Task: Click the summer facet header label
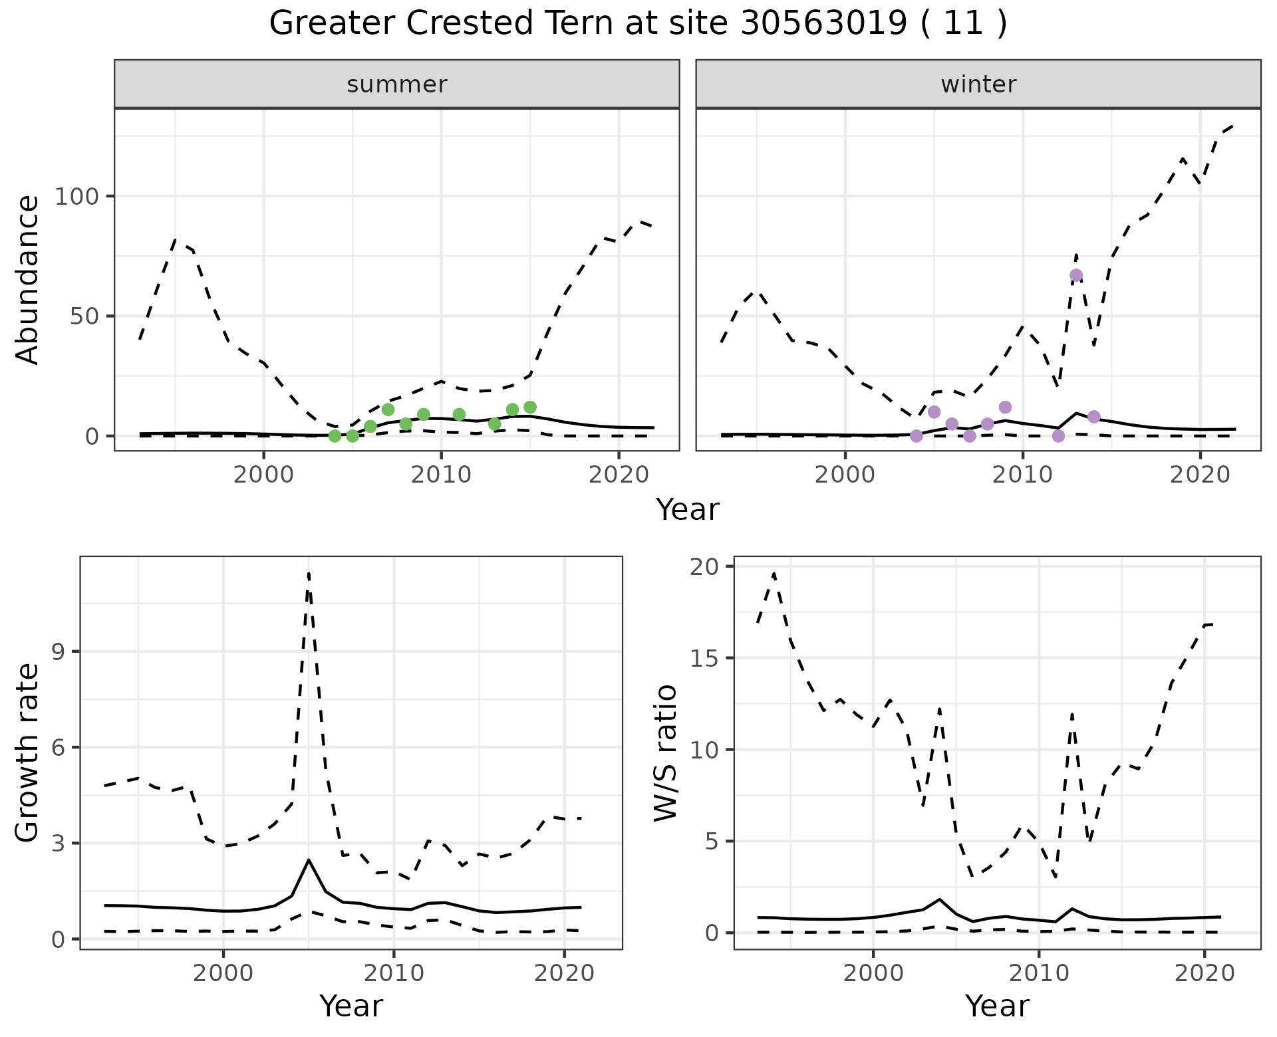tap(397, 84)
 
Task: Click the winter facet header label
tap(978, 84)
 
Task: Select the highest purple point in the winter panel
tap(1076, 275)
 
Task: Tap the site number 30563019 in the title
tap(824, 23)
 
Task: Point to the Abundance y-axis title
tap(27, 280)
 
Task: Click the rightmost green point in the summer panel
tap(530, 407)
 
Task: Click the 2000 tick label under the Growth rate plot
tap(224, 973)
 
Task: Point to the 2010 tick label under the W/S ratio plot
tap(1039, 973)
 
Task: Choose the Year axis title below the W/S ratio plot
tap(997, 1006)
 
